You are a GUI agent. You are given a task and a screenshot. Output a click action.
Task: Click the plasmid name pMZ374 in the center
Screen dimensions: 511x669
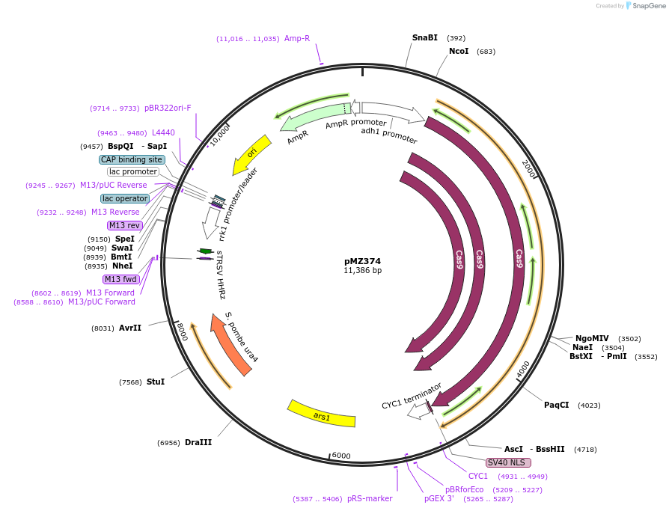click(x=362, y=261)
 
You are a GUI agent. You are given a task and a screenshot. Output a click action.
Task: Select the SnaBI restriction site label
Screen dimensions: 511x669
click(x=424, y=37)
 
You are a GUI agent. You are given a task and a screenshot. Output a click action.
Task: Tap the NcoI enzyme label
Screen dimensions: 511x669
click(x=459, y=51)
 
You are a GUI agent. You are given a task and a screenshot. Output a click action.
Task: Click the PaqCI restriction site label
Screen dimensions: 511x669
click(x=556, y=405)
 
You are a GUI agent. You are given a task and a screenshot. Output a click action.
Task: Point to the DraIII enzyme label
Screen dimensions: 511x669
click(x=198, y=442)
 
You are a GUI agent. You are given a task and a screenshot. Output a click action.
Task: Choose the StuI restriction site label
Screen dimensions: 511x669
click(x=155, y=382)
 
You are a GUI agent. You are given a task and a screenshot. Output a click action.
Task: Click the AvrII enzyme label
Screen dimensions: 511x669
click(x=129, y=328)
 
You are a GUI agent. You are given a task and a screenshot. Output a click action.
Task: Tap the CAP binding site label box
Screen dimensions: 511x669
click(x=132, y=159)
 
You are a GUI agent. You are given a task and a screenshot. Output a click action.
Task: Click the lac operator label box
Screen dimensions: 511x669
click(x=125, y=198)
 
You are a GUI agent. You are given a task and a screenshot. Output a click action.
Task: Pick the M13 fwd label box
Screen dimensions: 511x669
click(x=121, y=279)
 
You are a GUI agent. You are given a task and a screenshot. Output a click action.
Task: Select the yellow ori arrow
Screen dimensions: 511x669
click(x=251, y=155)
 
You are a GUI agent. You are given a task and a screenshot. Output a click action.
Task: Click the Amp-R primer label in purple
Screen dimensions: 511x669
click(x=296, y=38)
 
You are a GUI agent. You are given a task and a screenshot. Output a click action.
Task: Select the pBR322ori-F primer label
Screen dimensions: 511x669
click(x=168, y=108)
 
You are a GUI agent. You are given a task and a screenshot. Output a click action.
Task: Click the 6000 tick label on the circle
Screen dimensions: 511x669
click(x=341, y=456)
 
